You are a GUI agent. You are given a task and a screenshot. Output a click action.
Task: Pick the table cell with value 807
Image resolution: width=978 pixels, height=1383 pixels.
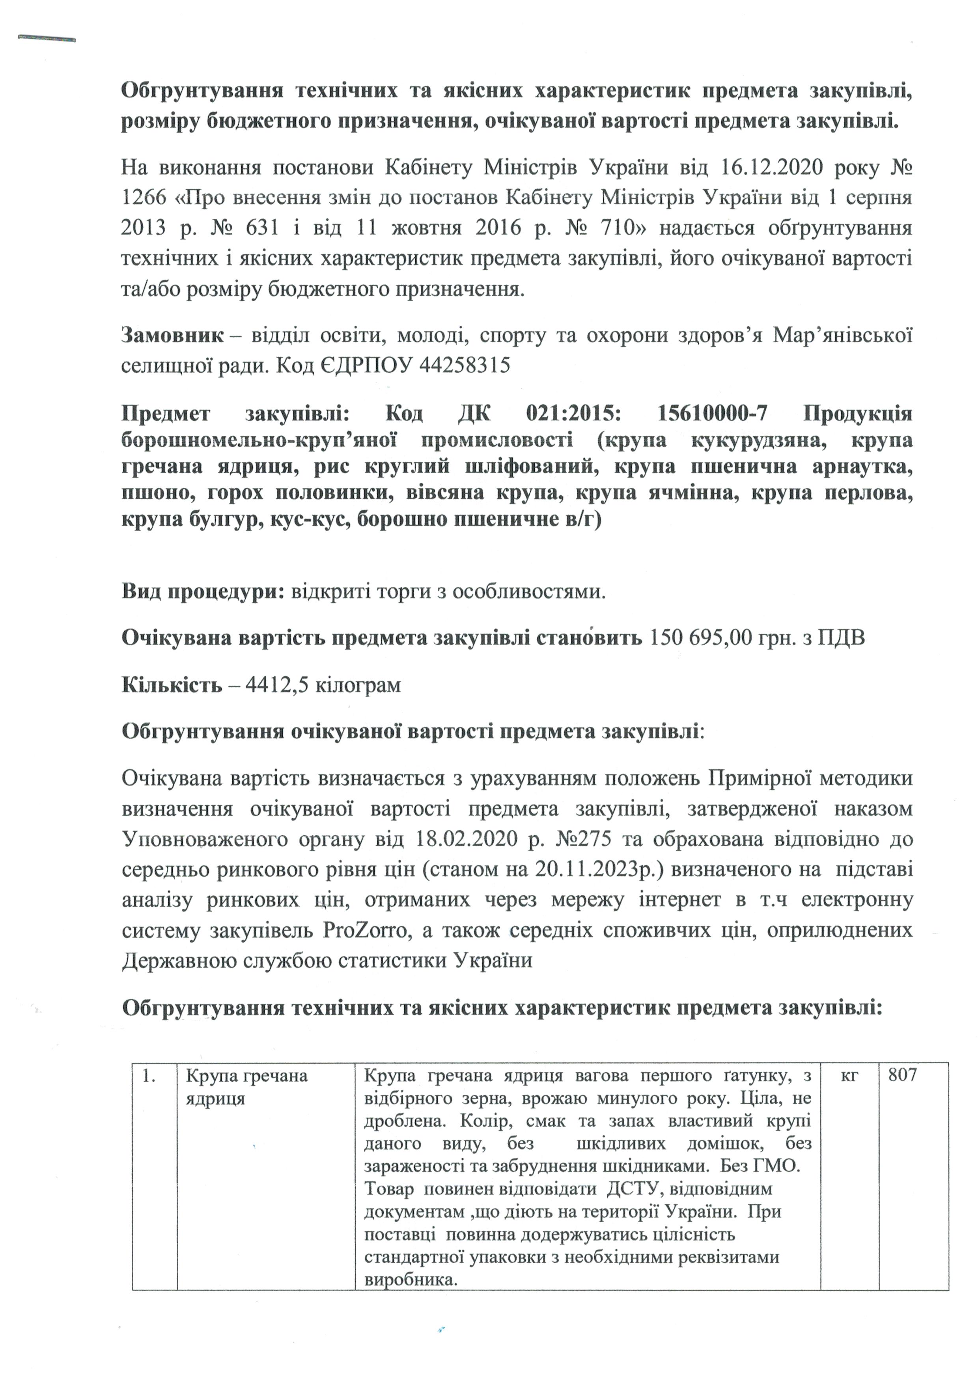(902, 1075)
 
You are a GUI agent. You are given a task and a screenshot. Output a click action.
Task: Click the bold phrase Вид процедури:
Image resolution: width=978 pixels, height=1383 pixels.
(203, 592)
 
